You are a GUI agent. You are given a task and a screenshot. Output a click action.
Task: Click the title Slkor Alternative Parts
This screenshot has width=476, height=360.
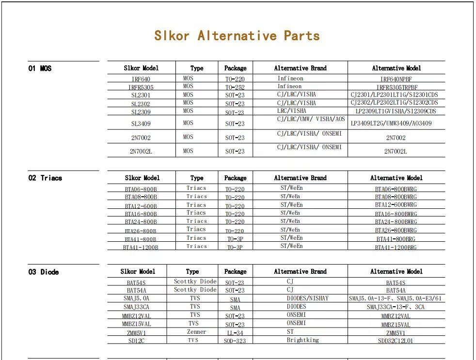pos(237,36)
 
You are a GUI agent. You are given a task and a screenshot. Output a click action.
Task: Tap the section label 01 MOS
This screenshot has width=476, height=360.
pos(40,68)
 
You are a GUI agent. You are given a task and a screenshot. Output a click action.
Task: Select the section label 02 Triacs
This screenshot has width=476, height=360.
pos(45,178)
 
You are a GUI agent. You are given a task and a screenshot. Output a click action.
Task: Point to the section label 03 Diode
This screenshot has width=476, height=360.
pos(43,272)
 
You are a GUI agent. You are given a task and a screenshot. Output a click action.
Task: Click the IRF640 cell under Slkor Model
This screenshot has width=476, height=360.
pos(141,79)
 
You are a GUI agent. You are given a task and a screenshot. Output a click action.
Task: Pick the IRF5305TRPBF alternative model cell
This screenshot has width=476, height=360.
pos(396,87)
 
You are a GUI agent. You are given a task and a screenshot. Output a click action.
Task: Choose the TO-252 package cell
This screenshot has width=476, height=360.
pos(235,87)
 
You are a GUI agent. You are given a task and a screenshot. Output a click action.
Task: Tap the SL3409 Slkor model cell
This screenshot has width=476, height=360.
pos(141,124)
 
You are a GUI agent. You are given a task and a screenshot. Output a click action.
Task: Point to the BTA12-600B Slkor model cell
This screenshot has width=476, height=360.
pos(141,206)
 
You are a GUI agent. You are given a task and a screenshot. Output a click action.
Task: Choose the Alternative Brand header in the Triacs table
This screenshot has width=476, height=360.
pos(300,178)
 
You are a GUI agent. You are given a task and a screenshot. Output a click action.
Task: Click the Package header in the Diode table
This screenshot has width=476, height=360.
pos(235,271)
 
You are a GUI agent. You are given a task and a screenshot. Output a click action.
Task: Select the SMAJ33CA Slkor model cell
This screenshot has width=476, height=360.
pos(136,307)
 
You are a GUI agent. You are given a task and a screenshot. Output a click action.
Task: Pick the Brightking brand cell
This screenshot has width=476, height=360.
pos(302,340)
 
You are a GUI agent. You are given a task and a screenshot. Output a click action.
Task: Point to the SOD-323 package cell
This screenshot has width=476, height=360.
pos(235,341)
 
